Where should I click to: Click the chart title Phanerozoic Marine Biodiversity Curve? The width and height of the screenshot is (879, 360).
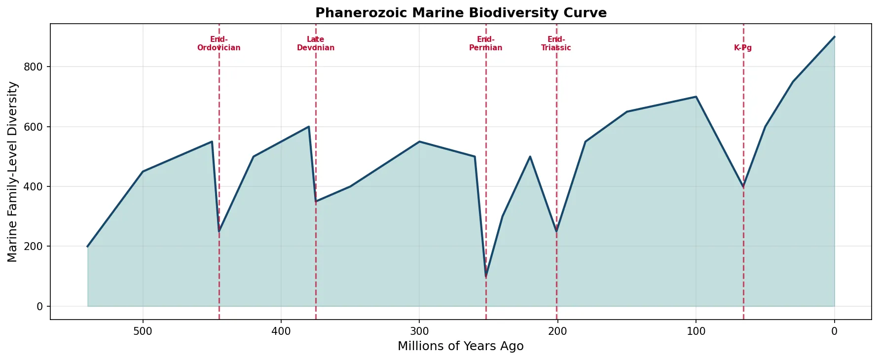tap(461, 13)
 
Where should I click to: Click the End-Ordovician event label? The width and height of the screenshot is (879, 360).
tap(219, 44)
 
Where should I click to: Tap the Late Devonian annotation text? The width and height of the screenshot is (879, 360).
tap(316, 44)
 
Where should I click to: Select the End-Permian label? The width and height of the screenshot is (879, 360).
tap(486, 44)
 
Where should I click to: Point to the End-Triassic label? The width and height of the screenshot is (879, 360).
tap(556, 44)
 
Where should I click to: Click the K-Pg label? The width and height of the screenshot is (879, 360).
tap(743, 48)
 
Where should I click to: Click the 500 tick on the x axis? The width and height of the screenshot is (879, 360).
tap(143, 331)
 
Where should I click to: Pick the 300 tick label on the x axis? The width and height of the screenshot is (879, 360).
tap(419, 331)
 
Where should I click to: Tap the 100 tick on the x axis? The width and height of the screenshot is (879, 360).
tap(696, 331)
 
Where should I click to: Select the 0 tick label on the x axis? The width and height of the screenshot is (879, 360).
tap(834, 331)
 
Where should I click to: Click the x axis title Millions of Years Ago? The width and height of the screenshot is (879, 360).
tap(461, 346)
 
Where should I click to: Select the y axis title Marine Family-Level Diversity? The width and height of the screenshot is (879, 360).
tap(13, 172)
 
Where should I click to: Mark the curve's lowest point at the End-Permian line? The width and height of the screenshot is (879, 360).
tap(486, 276)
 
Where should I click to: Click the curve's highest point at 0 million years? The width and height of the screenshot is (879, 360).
tap(834, 37)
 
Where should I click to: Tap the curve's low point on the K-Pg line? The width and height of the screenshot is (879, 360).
tap(743, 186)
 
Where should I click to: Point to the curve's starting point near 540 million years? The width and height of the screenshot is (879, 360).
tap(88, 246)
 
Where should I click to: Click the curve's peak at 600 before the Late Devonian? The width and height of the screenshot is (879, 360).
tap(309, 127)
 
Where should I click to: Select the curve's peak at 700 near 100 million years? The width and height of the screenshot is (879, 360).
tap(696, 97)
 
